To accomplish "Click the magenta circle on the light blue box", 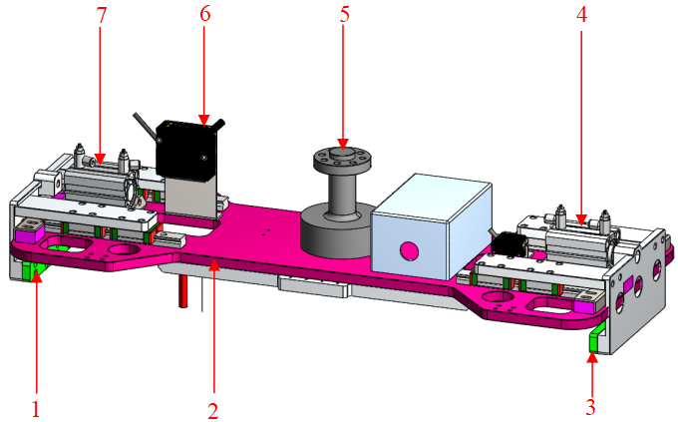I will point(406,249).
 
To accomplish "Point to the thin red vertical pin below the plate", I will point(183,291).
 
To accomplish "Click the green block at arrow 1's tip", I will point(30,269).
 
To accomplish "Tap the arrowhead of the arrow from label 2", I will point(211,262).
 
